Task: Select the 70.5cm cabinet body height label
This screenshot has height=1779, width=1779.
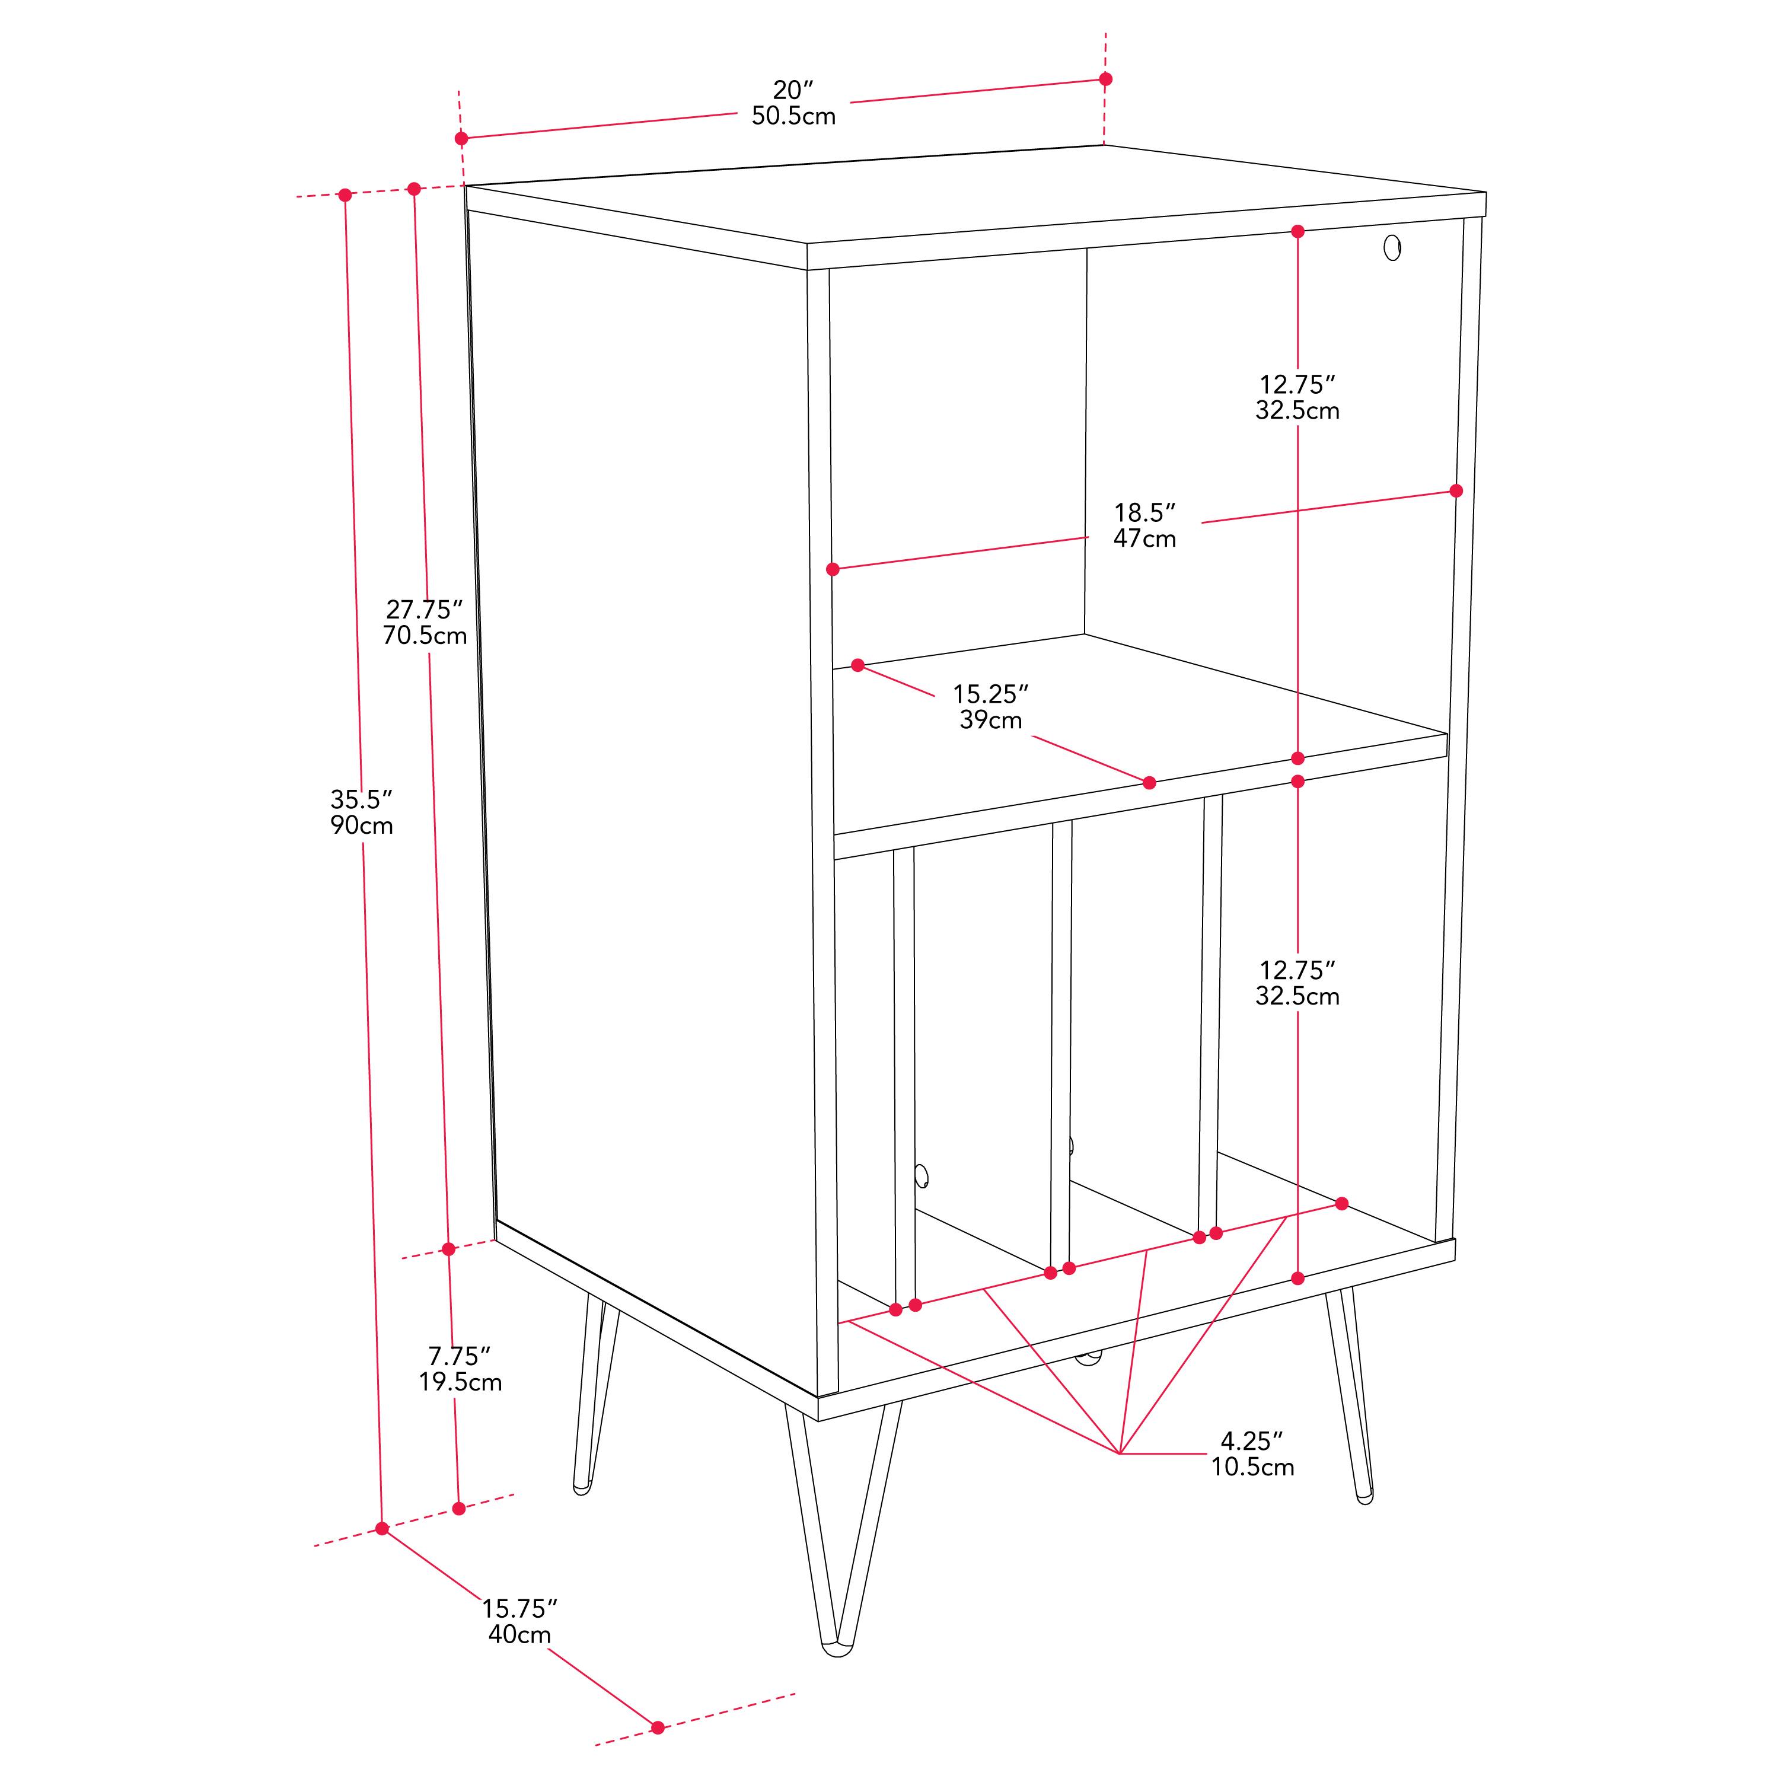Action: point(425,635)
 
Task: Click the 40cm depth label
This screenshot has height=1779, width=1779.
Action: point(519,1634)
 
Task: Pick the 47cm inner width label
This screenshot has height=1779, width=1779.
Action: point(1144,538)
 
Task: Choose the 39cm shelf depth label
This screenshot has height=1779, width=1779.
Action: point(991,720)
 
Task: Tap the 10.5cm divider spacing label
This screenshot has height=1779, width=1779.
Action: point(1252,1467)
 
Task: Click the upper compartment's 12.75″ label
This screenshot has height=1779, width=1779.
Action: point(1297,384)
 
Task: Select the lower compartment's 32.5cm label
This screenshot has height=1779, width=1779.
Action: point(1297,996)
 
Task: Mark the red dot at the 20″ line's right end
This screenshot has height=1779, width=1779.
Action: point(1106,79)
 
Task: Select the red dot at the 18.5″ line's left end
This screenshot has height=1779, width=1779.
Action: point(833,569)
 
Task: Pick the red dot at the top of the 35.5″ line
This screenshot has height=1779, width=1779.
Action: point(345,195)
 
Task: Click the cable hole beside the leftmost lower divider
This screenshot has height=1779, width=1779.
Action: point(922,1176)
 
